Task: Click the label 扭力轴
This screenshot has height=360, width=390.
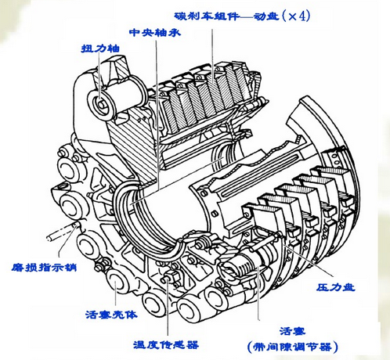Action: pyautogui.click(x=101, y=49)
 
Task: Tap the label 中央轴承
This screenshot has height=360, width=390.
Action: pyautogui.click(x=155, y=32)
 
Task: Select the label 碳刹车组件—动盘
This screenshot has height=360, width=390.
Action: pyautogui.click(x=226, y=16)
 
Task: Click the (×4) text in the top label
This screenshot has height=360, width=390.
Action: pyautogui.click(x=296, y=16)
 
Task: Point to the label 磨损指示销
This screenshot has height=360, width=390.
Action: pyautogui.click(x=44, y=268)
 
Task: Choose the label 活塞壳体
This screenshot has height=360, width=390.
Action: pyautogui.click(x=111, y=315)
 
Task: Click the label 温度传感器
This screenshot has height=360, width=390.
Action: pyautogui.click(x=166, y=345)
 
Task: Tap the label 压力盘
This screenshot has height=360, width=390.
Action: pyautogui.click(x=336, y=287)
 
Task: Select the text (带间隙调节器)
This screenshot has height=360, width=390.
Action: pyautogui.click(x=292, y=347)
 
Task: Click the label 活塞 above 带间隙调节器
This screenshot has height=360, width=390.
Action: pyautogui.click(x=292, y=331)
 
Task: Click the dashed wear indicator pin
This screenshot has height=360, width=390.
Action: pyautogui.click(x=63, y=231)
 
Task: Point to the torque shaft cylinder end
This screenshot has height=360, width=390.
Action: pyautogui.click(x=101, y=105)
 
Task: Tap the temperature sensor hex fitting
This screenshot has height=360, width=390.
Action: pyautogui.click(x=171, y=278)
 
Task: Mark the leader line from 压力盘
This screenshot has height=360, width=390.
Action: pyautogui.click(x=308, y=260)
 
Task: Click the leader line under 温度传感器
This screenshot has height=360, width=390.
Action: pyautogui.click(x=168, y=308)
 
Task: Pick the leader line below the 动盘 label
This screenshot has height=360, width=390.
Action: pyautogui.click(x=212, y=56)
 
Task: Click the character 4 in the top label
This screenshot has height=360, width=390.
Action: pyautogui.click(x=302, y=16)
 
